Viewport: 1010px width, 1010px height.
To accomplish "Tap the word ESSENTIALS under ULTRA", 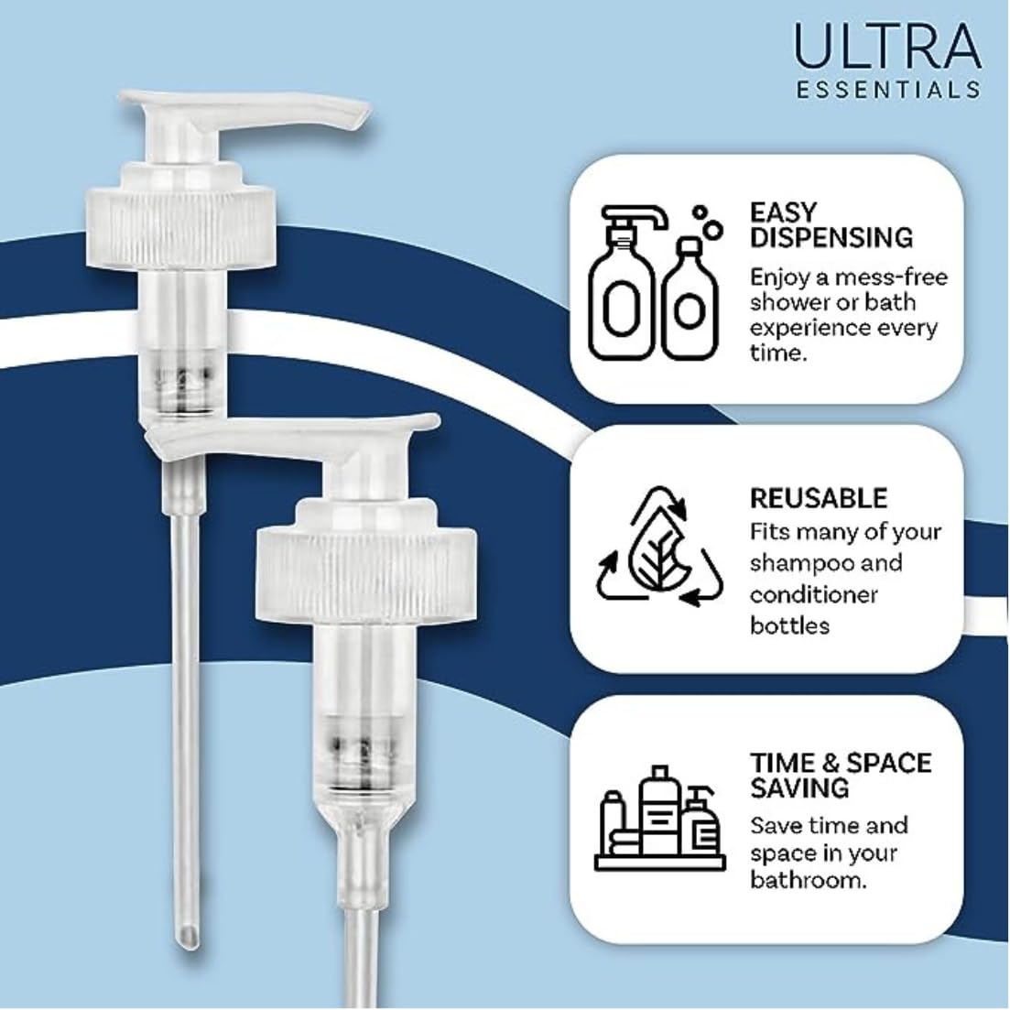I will (887, 90).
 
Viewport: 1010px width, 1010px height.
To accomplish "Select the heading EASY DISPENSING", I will (831, 224).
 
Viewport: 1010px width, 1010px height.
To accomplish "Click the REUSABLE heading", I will (818, 498).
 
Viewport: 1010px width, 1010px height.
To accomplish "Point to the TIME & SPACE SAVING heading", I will (840, 774).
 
